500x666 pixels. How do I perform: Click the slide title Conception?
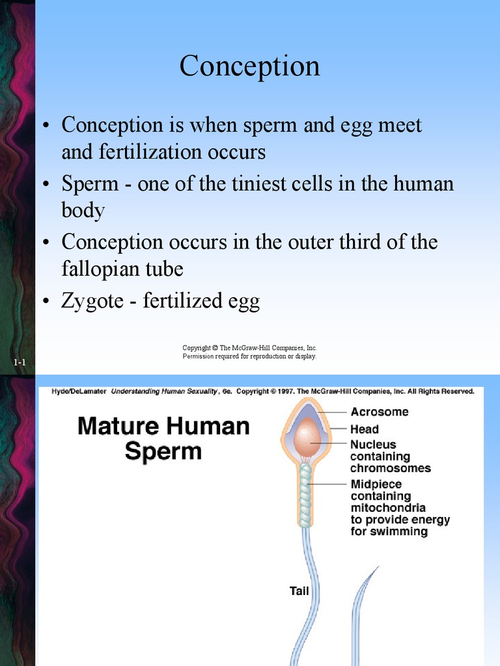tap(250, 66)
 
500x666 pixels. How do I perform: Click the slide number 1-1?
tap(19, 362)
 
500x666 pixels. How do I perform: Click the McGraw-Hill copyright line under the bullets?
tap(249, 348)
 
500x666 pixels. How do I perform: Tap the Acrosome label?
tap(380, 412)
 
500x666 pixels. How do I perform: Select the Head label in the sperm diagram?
tap(364, 429)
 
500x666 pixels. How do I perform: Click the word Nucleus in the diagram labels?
tap(373, 445)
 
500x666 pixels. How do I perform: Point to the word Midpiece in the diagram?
tap(376, 485)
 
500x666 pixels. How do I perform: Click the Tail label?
tap(299, 591)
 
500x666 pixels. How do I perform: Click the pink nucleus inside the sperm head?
tap(306, 437)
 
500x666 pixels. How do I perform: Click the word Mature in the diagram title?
tap(117, 427)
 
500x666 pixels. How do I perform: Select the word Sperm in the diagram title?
tap(163, 451)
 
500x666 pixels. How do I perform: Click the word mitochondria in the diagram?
tap(388, 508)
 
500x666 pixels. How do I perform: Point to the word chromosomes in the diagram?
tap(391, 468)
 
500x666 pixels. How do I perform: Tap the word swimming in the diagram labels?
tap(400, 532)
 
